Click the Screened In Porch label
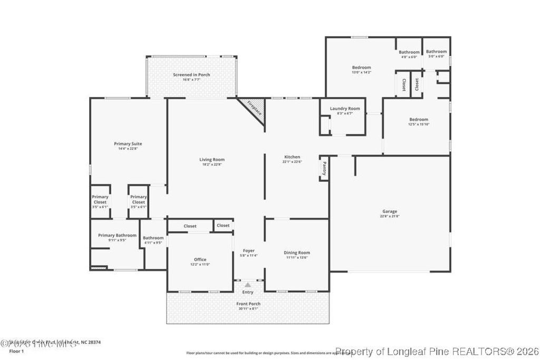tap(191, 75)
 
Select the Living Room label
tap(212, 160)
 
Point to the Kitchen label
tap(292, 157)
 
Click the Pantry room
tap(324, 168)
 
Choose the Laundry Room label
tap(345, 109)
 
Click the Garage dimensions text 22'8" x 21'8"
tap(390, 216)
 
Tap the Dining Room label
tap(297, 252)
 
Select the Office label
tap(200, 259)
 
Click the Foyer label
tap(248, 251)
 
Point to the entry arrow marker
tap(247, 285)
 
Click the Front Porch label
tap(248, 304)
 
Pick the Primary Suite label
tap(128, 143)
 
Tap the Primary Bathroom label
tap(117, 236)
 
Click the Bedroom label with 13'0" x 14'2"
tap(361, 67)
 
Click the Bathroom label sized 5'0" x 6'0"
tap(437, 52)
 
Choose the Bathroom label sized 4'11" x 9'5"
tap(153, 238)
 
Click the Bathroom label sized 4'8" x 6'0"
tap(409, 52)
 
